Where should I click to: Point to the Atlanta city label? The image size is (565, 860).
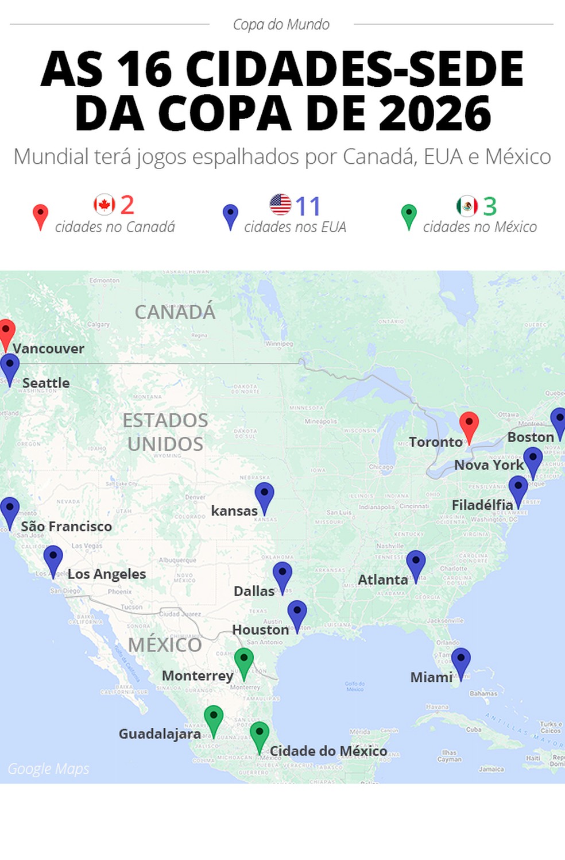point(382,579)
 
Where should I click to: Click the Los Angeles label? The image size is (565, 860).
point(107,574)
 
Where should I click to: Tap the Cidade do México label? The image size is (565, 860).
point(328,751)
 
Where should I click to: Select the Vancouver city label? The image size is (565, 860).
point(49,348)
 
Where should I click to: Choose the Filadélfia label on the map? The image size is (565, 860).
point(482,505)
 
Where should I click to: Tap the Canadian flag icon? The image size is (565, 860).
point(105,204)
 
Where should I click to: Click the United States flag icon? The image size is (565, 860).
point(280,204)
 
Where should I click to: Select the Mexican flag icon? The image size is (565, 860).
point(467,205)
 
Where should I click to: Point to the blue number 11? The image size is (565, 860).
point(308,206)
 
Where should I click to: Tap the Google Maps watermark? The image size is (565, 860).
point(48,769)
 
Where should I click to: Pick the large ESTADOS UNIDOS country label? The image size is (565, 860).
point(165,432)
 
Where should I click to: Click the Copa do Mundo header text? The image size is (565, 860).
point(281,24)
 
